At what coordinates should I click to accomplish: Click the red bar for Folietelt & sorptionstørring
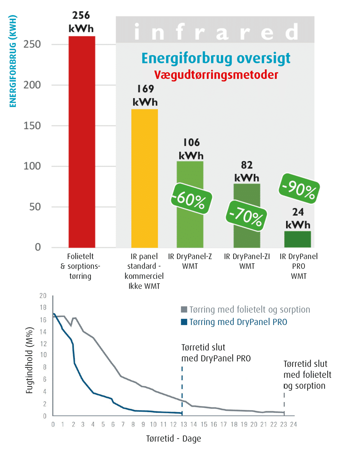click(82, 142)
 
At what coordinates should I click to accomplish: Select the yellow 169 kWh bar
click(144, 178)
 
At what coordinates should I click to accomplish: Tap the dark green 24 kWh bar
click(297, 239)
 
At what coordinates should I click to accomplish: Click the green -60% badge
click(191, 199)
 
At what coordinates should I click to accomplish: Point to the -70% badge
click(247, 216)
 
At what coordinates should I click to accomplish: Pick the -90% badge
click(299, 188)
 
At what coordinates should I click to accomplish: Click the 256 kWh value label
click(81, 22)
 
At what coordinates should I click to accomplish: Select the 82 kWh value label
click(247, 171)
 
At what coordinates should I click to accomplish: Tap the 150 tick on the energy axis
click(32, 126)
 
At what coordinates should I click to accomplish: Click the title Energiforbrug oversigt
click(216, 58)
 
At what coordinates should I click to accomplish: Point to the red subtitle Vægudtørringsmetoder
click(216, 75)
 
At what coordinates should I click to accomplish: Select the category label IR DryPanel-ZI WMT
click(247, 261)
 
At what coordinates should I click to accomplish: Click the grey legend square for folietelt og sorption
click(184, 310)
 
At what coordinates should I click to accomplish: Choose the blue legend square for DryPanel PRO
click(184, 322)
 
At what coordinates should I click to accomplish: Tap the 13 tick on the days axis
click(184, 424)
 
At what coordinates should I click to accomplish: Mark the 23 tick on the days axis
click(284, 424)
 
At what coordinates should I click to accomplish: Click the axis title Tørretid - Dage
click(174, 439)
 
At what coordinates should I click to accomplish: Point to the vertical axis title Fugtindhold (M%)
click(30, 360)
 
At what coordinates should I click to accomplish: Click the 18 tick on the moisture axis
click(43, 307)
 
